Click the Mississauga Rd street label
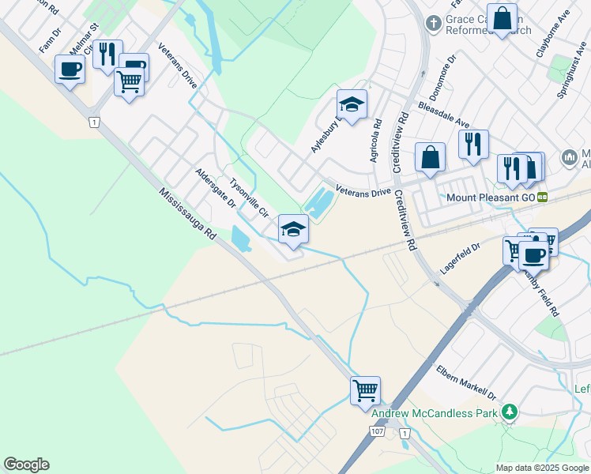(x=186, y=214)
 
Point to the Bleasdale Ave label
(x=443, y=114)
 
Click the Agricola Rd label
(x=376, y=140)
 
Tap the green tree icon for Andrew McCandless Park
(x=510, y=412)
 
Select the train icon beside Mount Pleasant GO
(x=542, y=197)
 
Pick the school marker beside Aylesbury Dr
(x=352, y=103)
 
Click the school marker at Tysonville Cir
(x=293, y=229)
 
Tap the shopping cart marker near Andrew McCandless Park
(x=365, y=389)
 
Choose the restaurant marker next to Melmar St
(x=107, y=54)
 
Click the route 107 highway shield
(x=377, y=432)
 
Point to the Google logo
(x=26, y=465)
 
